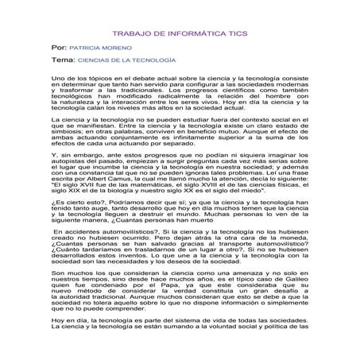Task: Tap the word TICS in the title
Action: click(x=235, y=36)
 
